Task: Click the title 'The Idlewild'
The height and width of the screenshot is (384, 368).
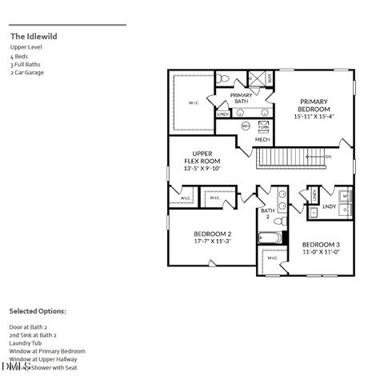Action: coord(34,36)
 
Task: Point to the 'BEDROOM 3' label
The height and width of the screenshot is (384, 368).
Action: coord(321,244)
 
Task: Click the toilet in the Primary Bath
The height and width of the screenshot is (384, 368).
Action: coord(226,78)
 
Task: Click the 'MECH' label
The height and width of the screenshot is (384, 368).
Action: coord(262,140)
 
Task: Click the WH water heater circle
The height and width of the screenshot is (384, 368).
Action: coord(246,126)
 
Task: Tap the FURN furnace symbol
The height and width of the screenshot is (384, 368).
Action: coord(263,126)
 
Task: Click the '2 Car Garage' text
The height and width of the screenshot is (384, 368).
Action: coord(27,73)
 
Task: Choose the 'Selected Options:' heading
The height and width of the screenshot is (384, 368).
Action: coord(38,310)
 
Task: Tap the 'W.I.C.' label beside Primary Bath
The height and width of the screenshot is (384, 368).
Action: coord(194,102)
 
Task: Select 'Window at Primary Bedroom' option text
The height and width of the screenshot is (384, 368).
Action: coord(47,351)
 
